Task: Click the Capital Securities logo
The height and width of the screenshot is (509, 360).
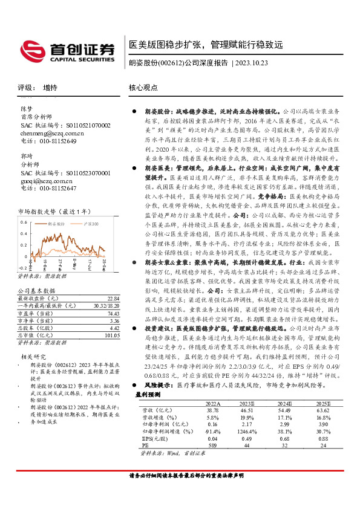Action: coord(67,50)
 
